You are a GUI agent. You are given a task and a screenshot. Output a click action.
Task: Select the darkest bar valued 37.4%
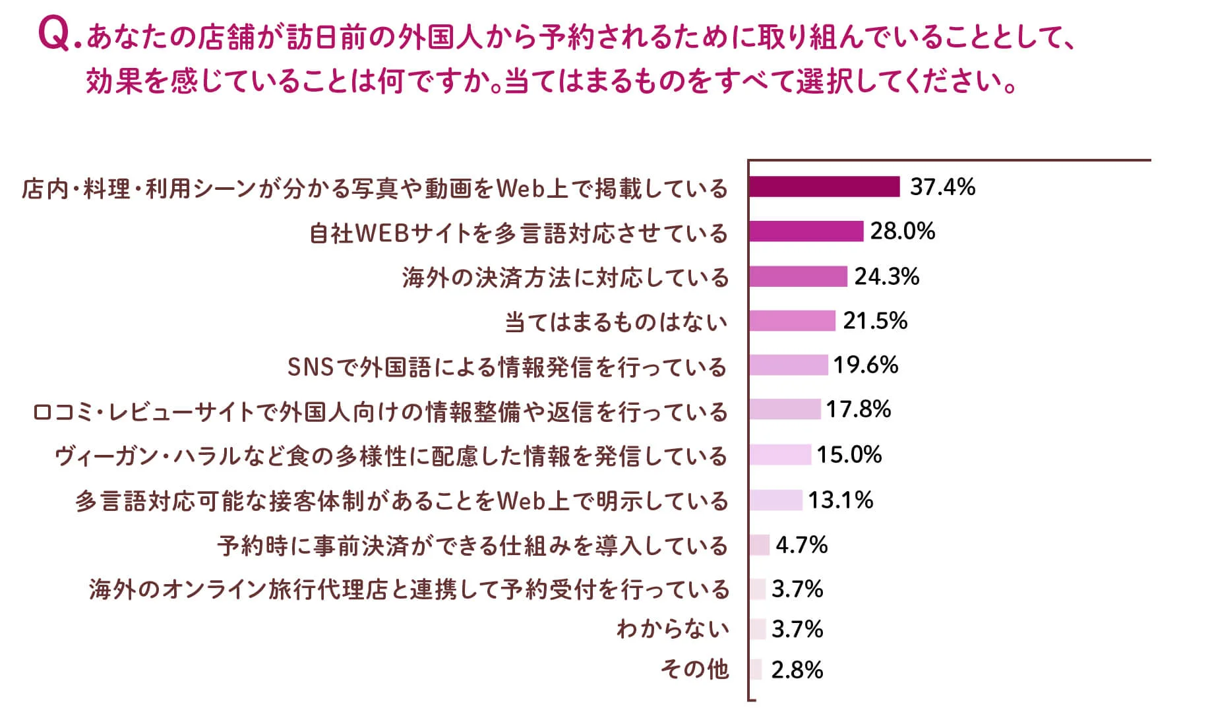click(x=824, y=187)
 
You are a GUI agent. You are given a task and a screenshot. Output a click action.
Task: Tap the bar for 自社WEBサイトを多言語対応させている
click(x=806, y=231)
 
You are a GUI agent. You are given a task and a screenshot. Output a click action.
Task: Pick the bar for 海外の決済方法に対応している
click(x=798, y=276)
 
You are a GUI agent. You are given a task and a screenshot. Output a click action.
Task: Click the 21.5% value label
click(x=875, y=321)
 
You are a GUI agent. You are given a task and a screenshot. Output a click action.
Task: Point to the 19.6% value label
click(x=865, y=365)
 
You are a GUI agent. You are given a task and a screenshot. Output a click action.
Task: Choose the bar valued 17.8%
click(x=785, y=409)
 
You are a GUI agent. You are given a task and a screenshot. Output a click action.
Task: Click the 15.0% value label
click(x=849, y=455)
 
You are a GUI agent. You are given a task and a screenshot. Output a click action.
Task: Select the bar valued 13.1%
click(x=775, y=500)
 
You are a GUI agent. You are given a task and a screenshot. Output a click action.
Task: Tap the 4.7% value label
click(x=801, y=545)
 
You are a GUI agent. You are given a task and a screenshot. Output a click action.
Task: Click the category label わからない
click(x=673, y=629)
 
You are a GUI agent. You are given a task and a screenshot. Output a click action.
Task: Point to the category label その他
click(x=694, y=670)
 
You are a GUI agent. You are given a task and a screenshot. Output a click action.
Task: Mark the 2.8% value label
click(x=797, y=670)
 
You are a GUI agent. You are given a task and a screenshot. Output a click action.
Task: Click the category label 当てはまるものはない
click(x=616, y=322)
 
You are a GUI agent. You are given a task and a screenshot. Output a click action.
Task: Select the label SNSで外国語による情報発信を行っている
click(x=507, y=367)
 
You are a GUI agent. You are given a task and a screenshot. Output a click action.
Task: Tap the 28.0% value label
click(x=902, y=231)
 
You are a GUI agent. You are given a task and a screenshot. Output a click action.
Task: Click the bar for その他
click(x=756, y=670)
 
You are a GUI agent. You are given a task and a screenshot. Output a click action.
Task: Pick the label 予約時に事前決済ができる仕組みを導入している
click(x=472, y=547)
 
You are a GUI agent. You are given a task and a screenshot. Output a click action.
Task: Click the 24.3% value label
click(x=887, y=277)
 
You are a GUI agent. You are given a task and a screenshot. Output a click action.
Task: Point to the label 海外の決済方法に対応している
click(x=565, y=278)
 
